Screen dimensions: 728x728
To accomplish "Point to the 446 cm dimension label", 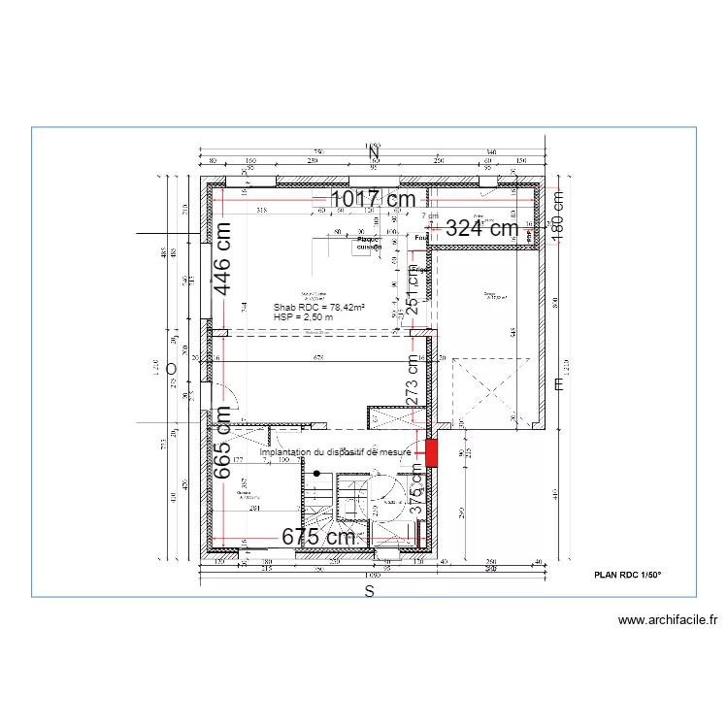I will (x=222, y=259).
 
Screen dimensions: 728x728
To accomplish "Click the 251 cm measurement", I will (x=413, y=289).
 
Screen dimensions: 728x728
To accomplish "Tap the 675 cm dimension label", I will (x=317, y=536).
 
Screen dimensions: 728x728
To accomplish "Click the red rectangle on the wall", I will (x=431, y=452).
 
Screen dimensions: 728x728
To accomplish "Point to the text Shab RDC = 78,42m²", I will (x=318, y=307).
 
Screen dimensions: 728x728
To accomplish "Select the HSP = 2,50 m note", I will (x=303, y=316).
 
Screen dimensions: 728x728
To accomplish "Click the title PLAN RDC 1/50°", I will (x=627, y=575).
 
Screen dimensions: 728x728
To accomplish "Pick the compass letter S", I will (x=369, y=590).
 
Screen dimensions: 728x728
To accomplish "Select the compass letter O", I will (x=171, y=369).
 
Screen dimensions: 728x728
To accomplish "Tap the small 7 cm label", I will (x=430, y=215).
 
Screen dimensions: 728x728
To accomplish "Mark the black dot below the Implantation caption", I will (x=316, y=473).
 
